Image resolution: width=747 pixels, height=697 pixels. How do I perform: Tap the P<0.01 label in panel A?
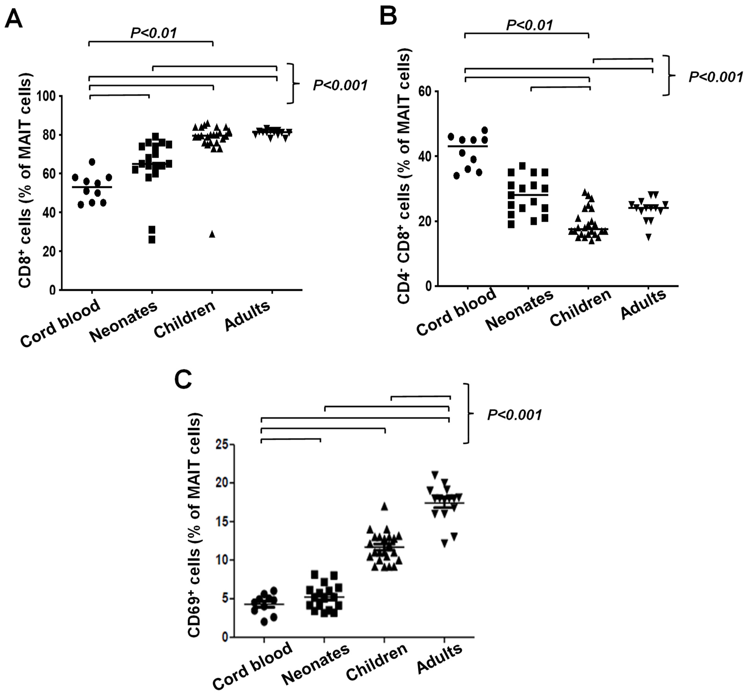(x=153, y=33)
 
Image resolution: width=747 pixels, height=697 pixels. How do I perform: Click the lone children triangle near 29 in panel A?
(x=212, y=234)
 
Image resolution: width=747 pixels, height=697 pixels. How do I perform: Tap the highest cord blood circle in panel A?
(x=92, y=162)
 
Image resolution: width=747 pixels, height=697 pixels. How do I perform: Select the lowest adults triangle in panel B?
(x=648, y=237)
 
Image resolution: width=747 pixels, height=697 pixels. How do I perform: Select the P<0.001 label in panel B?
(x=715, y=77)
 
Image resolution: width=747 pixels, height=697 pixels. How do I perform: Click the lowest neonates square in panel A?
(x=152, y=240)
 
